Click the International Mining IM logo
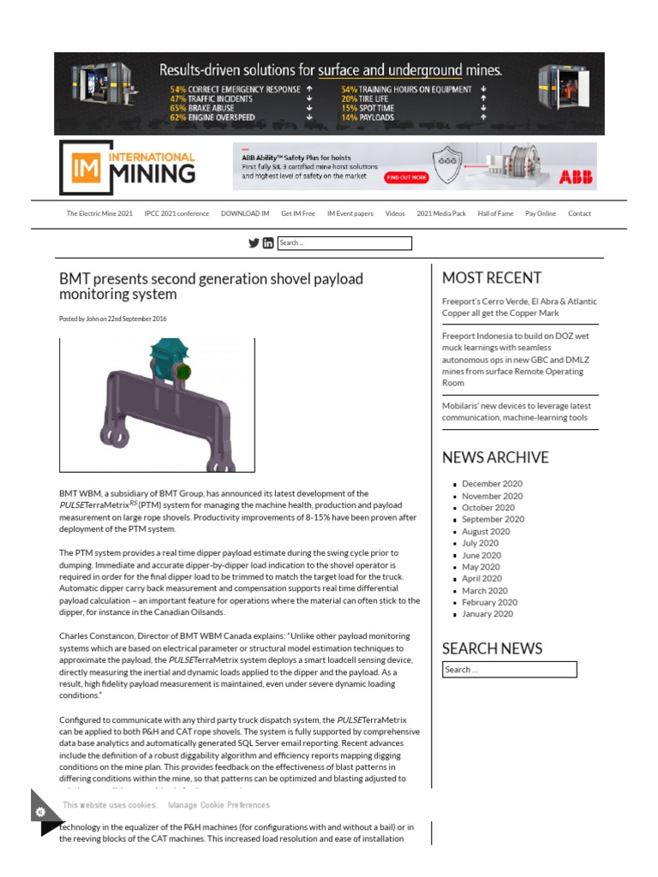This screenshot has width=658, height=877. pyautogui.click(x=128, y=167)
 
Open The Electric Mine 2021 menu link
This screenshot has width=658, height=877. pyautogui.click(x=99, y=214)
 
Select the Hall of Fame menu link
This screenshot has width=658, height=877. pyautogui.click(x=495, y=214)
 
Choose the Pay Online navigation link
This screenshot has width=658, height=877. pyautogui.click(x=540, y=214)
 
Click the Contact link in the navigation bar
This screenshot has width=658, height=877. pyautogui.click(x=579, y=214)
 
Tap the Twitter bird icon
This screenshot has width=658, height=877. pyautogui.click(x=254, y=243)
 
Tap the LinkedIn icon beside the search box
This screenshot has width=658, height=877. pyautogui.click(x=268, y=243)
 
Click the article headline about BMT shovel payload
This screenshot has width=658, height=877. pyautogui.click(x=211, y=286)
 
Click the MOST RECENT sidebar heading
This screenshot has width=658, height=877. pyautogui.click(x=491, y=277)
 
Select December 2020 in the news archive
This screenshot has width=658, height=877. pyautogui.click(x=492, y=484)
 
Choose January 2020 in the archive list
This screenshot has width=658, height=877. pyautogui.click(x=488, y=614)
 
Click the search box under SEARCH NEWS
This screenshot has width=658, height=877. pyautogui.click(x=509, y=670)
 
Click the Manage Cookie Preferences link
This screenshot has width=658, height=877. pyautogui.click(x=218, y=805)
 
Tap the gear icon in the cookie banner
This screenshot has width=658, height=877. pyautogui.click(x=40, y=811)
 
